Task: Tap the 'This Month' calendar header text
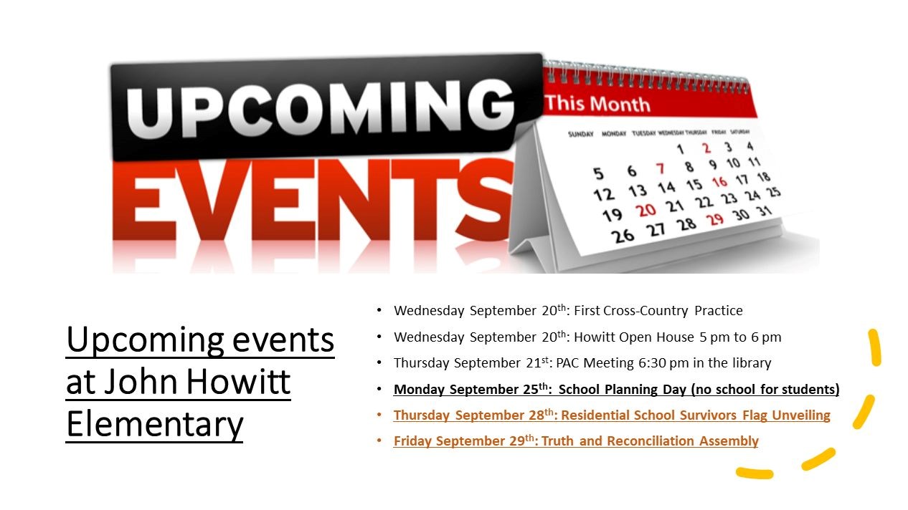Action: (597, 104)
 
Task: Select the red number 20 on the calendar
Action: (647, 210)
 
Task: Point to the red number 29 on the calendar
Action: (715, 219)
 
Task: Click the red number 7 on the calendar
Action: (660, 169)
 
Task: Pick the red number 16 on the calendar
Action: (719, 182)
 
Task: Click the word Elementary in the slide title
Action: (154, 424)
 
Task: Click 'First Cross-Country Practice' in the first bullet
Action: (658, 311)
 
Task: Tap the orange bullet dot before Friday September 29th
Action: (379, 441)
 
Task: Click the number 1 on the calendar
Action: (680, 150)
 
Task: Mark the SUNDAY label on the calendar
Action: (581, 134)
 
